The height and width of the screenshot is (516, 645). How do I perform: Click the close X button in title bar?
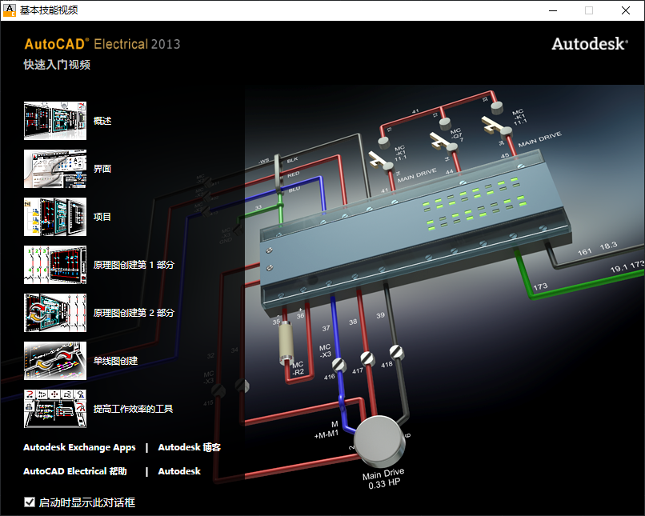click(626, 10)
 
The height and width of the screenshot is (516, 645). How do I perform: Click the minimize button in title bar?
click(552, 10)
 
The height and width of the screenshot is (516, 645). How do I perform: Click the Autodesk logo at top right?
click(589, 44)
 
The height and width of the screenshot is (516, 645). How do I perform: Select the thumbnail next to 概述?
click(54, 121)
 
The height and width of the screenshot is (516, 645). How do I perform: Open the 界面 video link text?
click(102, 169)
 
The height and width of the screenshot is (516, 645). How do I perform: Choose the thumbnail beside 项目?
click(54, 217)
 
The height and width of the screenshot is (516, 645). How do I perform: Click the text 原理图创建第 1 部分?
click(134, 265)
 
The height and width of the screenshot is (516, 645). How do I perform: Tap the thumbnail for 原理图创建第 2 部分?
click(54, 313)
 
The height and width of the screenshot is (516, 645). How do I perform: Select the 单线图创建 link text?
click(116, 361)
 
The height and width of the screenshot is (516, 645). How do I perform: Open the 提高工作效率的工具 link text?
click(134, 409)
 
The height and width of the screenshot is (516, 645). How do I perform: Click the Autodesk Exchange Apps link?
click(79, 447)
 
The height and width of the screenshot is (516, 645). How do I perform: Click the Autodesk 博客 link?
click(190, 447)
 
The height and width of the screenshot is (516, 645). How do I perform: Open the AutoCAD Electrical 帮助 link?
click(75, 471)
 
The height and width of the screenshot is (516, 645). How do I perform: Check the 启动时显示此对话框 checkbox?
click(30, 502)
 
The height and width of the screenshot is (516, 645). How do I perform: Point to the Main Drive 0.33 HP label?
click(383, 478)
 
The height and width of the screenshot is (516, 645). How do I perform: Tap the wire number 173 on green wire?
click(540, 286)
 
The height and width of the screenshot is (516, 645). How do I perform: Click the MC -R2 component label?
click(297, 367)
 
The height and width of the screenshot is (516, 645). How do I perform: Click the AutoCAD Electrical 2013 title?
click(102, 44)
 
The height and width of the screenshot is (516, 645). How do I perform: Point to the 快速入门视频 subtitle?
click(57, 65)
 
